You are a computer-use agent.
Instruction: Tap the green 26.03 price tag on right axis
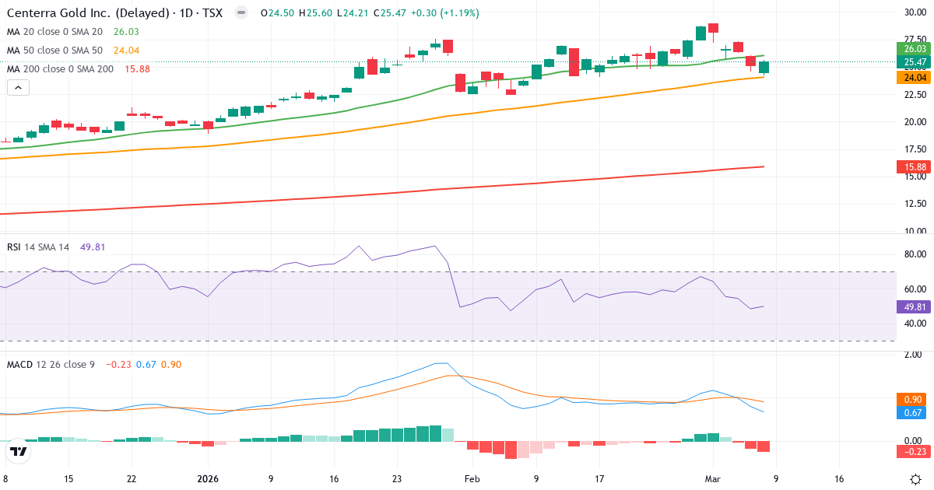pos(914,48)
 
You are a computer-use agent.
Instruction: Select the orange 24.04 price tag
pos(914,77)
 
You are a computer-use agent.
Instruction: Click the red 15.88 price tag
pos(914,167)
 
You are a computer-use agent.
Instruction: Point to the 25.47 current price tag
pos(914,62)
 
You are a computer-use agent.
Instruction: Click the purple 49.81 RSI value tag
pos(914,306)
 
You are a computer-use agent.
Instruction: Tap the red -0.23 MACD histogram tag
pos(914,452)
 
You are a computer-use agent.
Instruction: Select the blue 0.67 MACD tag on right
pos(914,413)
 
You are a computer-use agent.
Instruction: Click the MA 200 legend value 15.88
pos(137,68)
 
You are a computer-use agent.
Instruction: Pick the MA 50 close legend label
pos(54,50)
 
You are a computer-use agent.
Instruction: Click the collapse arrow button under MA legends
pos(18,87)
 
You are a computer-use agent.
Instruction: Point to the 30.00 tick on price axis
pos(915,12)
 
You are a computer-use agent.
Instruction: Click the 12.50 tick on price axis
pos(915,204)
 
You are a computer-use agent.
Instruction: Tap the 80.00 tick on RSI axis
pos(915,254)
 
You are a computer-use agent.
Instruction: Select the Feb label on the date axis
pos(472,479)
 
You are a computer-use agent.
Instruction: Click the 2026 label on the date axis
pos(208,479)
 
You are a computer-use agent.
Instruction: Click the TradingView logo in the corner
pos(19,451)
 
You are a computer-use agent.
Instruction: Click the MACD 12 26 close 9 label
pos(51,364)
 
